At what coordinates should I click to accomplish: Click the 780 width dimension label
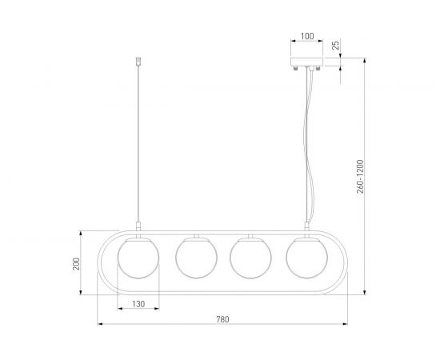(x=222, y=319)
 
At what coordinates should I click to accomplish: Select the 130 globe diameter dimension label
(x=138, y=304)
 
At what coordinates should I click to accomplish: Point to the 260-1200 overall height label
(x=361, y=176)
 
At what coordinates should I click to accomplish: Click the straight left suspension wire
(x=139, y=144)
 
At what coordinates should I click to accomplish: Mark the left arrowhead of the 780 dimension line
(x=99, y=326)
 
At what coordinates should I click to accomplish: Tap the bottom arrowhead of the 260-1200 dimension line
(x=366, y=293)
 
